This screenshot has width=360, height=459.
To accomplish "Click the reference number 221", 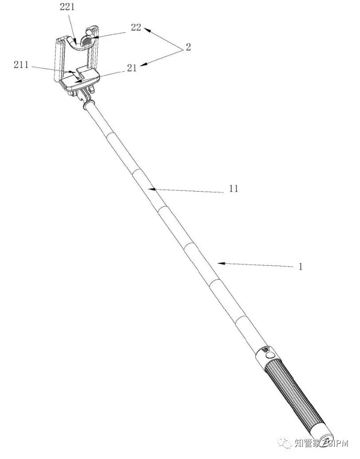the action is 67,7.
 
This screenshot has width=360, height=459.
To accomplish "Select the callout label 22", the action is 136,27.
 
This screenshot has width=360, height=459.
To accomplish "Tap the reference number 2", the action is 188,47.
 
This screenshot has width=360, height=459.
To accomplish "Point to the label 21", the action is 132,68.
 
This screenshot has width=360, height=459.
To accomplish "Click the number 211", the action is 21,65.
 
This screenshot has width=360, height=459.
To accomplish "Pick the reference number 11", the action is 233,188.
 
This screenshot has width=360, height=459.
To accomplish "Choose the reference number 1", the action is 300,267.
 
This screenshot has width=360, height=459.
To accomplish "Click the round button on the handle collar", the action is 270,356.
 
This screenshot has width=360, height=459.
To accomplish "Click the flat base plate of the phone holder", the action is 79,79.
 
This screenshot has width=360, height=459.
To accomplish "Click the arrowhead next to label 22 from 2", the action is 147,30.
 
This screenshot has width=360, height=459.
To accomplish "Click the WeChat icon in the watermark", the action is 285,443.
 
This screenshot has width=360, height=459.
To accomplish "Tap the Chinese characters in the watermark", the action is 308,443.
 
